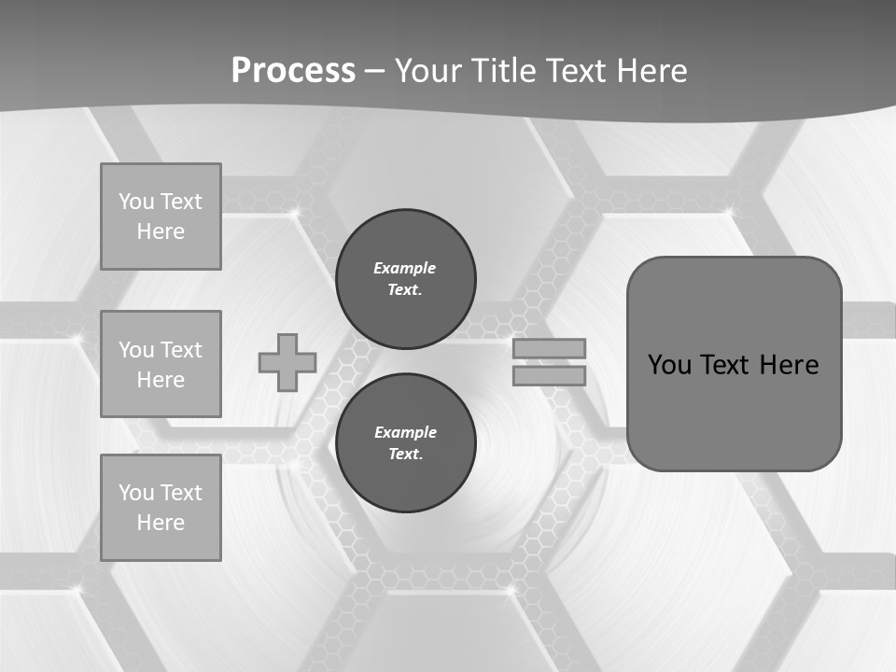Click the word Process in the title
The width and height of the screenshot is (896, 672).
[x=293, y=71]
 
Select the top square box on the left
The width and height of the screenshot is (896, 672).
[x=161, y=217]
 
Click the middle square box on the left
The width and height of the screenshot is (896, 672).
[x=161, y=364]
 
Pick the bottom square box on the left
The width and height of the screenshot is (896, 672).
[x=161, y=508]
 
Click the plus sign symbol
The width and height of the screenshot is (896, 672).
[x=287, y=362]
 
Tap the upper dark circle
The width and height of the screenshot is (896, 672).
[x=405, y=278]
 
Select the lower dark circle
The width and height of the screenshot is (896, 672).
[x=405, y=442]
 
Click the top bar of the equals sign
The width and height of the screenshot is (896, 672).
[x=549, y=348]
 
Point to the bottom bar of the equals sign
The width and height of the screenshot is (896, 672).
[x=549, y=375]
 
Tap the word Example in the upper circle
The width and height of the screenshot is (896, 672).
[x=404, y=268]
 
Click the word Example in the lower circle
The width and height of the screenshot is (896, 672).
[x=405, y=432]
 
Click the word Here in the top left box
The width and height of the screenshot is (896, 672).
[x=161, y=231]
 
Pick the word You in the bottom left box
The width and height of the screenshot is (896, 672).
[x=136, y=493]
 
